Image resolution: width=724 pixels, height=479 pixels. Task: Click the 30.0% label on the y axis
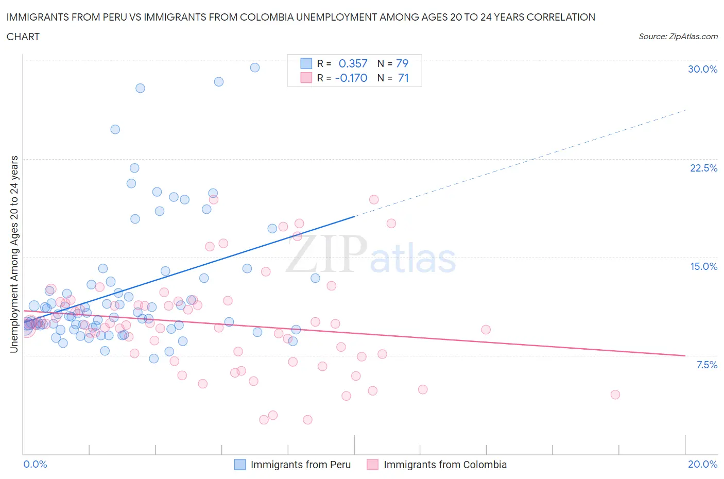[x=702, y=69]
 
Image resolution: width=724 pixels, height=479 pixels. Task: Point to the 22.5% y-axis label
[x=703, y=168]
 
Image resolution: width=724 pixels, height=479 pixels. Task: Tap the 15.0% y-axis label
[x=703, y=266]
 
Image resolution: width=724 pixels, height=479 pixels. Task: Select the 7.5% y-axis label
[x=706, y=365]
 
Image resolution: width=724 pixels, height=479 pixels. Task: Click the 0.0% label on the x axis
[x=35, y=464]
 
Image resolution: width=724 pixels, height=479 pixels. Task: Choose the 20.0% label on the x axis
[x=702, y=464]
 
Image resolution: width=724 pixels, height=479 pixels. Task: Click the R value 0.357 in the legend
[x=353, y=63]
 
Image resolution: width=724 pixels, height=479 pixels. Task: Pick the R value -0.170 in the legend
[x=351, y=78]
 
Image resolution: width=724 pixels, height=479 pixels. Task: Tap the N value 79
[x=402, y=63]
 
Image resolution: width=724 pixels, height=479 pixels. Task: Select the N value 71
[x=403, y=78]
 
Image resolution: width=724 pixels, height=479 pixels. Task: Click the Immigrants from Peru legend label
[x=300, y=465]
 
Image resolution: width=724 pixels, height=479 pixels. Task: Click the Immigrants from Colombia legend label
[x=445, y=465]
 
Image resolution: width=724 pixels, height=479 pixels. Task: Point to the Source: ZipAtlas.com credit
[x=678, y=36]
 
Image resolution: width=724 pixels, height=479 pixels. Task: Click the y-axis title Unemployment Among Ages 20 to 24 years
[x=14, y=254]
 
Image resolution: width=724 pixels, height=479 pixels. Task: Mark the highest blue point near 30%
[x=254, y=67]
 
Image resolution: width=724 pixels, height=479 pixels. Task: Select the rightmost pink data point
[x=615, y=395]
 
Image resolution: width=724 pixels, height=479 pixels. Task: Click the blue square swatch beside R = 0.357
[x=306, y=63]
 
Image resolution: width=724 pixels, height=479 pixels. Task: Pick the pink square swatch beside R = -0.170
[x=306, y=78]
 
